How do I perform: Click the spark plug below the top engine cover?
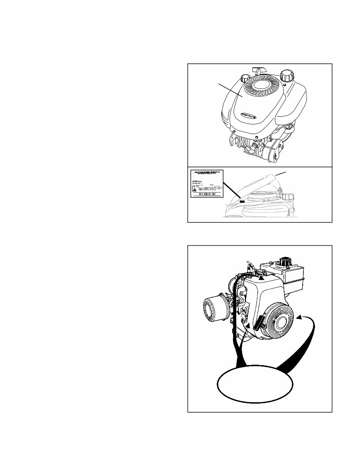[x=255, y=146]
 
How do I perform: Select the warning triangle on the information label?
[x=195, y=189]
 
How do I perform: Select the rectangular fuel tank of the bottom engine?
[x=281, y=272]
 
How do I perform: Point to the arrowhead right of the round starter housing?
[x=299, y=317]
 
